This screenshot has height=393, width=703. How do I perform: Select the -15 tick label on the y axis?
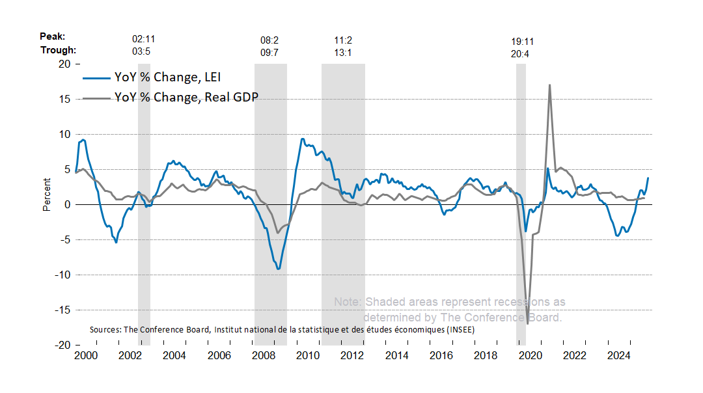(x=62, y=310)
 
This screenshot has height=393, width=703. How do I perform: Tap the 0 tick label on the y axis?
(x=67, y=204)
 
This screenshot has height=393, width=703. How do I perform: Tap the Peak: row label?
(x=53, y=38)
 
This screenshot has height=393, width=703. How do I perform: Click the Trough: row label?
(x=59, y=50)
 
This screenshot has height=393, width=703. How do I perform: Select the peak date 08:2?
(x=269, y=40)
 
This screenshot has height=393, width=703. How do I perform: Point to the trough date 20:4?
(x=520, y=53)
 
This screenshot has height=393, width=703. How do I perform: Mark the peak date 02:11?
(x=143, y=40)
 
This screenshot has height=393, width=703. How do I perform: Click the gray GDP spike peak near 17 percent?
(x=550, y=85)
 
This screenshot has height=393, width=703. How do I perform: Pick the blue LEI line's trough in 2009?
(x=279, y=269)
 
